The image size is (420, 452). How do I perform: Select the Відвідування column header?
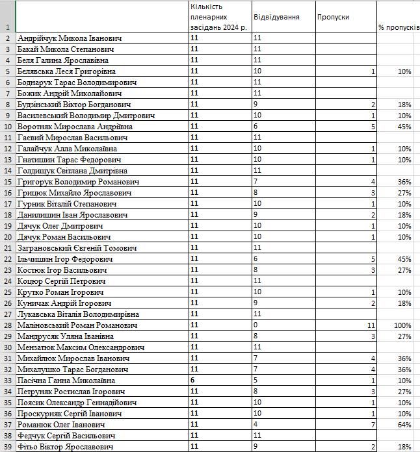click(276, 18)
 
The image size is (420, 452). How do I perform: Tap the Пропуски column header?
click(333, 18)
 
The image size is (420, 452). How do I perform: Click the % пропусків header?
click(399, 27)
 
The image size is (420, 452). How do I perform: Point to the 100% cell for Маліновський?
click(402, 325)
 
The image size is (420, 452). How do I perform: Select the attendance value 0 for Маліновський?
click(256, 325)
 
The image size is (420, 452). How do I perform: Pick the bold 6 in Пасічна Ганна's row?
click(193, 381)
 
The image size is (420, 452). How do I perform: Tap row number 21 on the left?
click(7, 248)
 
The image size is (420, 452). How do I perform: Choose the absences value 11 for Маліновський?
click(371, 325)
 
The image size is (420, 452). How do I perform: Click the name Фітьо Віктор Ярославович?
click(66, 447)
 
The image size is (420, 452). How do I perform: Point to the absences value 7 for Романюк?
click(373, 425)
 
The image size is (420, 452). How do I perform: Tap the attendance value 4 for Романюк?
click(256, 425)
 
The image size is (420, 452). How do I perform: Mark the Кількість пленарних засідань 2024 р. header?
click(218, 18)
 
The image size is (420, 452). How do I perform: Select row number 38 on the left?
click(7, 436)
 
